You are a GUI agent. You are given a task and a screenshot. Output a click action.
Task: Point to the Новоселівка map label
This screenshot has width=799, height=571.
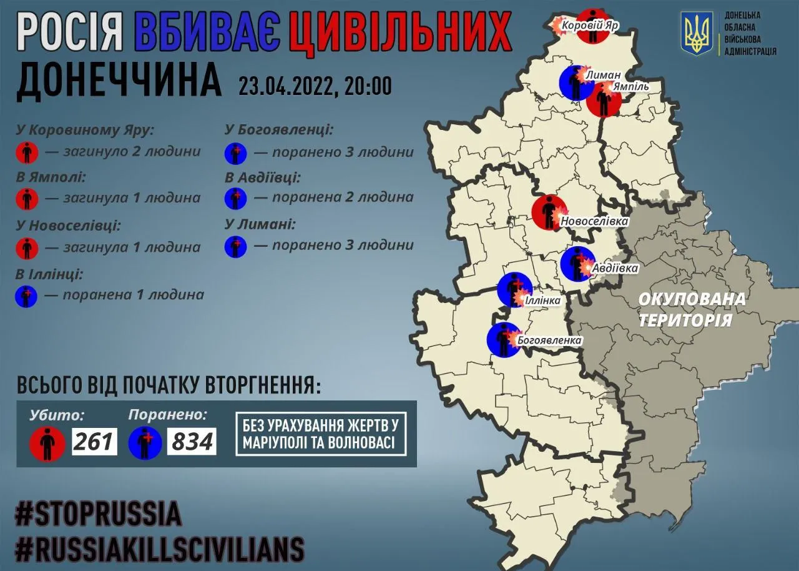(x=594, y=221)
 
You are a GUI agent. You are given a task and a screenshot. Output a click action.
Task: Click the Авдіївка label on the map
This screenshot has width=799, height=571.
(x=615, y=269)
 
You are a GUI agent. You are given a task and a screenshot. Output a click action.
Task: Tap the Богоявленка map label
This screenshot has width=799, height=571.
(x=549, y=340)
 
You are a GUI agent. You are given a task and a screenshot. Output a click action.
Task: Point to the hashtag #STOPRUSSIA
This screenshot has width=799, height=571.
(x=99, y=514)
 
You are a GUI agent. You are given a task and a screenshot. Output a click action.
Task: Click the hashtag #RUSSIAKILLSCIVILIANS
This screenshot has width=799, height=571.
(x=160, y=549)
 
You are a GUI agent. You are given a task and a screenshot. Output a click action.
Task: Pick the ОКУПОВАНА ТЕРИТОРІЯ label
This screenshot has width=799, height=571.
(x=692, y=309)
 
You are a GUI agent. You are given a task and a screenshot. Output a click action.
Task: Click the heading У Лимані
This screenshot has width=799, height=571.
(x=260, y=224)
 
